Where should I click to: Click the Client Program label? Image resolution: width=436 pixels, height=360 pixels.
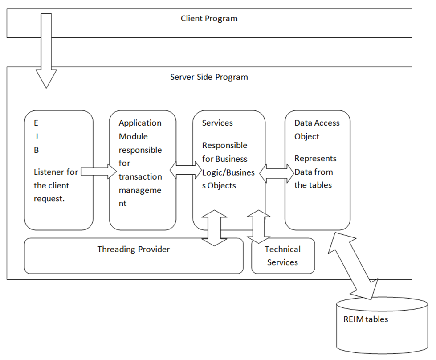point(209,19)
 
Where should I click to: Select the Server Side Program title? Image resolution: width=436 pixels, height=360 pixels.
point(209,77)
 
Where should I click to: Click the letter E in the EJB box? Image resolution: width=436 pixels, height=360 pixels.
point(36,123)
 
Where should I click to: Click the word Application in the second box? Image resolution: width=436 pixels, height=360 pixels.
point(140,123)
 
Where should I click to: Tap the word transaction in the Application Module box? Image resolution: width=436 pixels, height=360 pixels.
point(140,176)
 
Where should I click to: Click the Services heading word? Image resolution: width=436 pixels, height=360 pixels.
point(217,123)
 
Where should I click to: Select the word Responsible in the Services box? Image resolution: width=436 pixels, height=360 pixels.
point(224,145)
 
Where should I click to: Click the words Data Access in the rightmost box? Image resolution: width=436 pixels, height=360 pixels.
point(317,123)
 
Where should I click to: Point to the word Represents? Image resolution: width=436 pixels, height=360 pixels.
point(315,159)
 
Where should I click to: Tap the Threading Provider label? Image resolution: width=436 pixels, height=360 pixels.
point(133,250)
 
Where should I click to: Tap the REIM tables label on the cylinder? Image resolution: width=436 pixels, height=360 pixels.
point(366,319)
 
